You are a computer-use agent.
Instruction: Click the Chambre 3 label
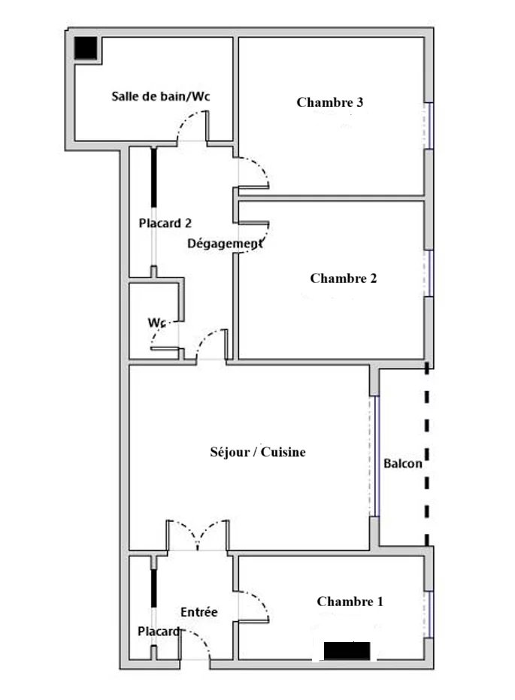tap(330, 102)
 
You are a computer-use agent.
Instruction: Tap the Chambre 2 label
tap(343, 278)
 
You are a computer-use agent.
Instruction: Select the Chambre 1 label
tap(350, 602)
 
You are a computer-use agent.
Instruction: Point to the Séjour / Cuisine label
tap(258, 452)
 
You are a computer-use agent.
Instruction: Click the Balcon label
tap(402, 463)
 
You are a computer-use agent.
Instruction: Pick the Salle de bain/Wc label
tap(161, 96)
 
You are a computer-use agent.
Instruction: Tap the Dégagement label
tap(225, 244)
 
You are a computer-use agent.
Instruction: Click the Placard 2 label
tap(165, 223)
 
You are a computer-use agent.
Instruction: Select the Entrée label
tap(199, 612)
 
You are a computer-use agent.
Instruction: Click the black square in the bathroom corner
tap(86, 48)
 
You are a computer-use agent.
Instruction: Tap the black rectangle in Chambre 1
tap(347, 651)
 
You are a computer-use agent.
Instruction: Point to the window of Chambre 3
tap(429, 126)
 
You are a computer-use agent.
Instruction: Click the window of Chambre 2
tap(429, 273)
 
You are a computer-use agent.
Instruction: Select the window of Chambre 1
tap(429, 615)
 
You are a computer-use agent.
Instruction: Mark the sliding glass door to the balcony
tap(375, 456)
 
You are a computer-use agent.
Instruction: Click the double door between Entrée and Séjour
tap(198, 535)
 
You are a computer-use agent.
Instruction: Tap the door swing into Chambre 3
tap(253, 173)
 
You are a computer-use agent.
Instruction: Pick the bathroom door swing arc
tap(192, 126)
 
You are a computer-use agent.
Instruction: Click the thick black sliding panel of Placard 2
tap(154, 177)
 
